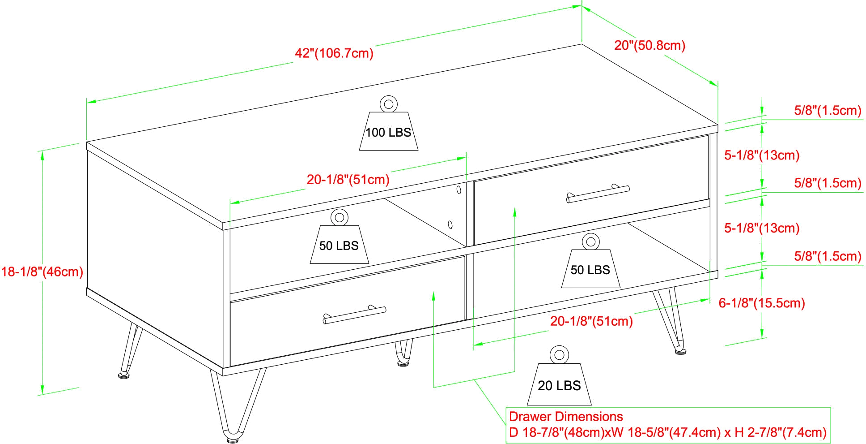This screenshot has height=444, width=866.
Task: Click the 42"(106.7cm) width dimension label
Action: [x=334, y=54]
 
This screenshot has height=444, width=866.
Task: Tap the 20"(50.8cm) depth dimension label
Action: [x=650, y=46]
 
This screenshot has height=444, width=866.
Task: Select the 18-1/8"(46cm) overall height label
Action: [x=42, y=272]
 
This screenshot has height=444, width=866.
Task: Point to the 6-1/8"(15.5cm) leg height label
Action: [x=762, y=303]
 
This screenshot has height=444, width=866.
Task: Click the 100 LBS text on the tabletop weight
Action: [x=388, y=133]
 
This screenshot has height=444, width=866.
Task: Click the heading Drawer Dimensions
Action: [x=566, y=417]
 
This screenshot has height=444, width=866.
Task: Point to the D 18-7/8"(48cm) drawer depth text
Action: [x=556, y=432]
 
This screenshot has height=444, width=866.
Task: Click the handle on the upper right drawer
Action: [x=598, y=193]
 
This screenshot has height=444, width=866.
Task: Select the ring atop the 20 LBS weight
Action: [x=559, y=355]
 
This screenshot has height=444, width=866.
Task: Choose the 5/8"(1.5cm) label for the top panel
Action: [x=828, y=111]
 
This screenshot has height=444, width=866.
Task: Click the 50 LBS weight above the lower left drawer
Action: [x=339, y=242]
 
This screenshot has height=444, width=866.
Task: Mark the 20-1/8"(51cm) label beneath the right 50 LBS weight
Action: [x=591, y=321]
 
